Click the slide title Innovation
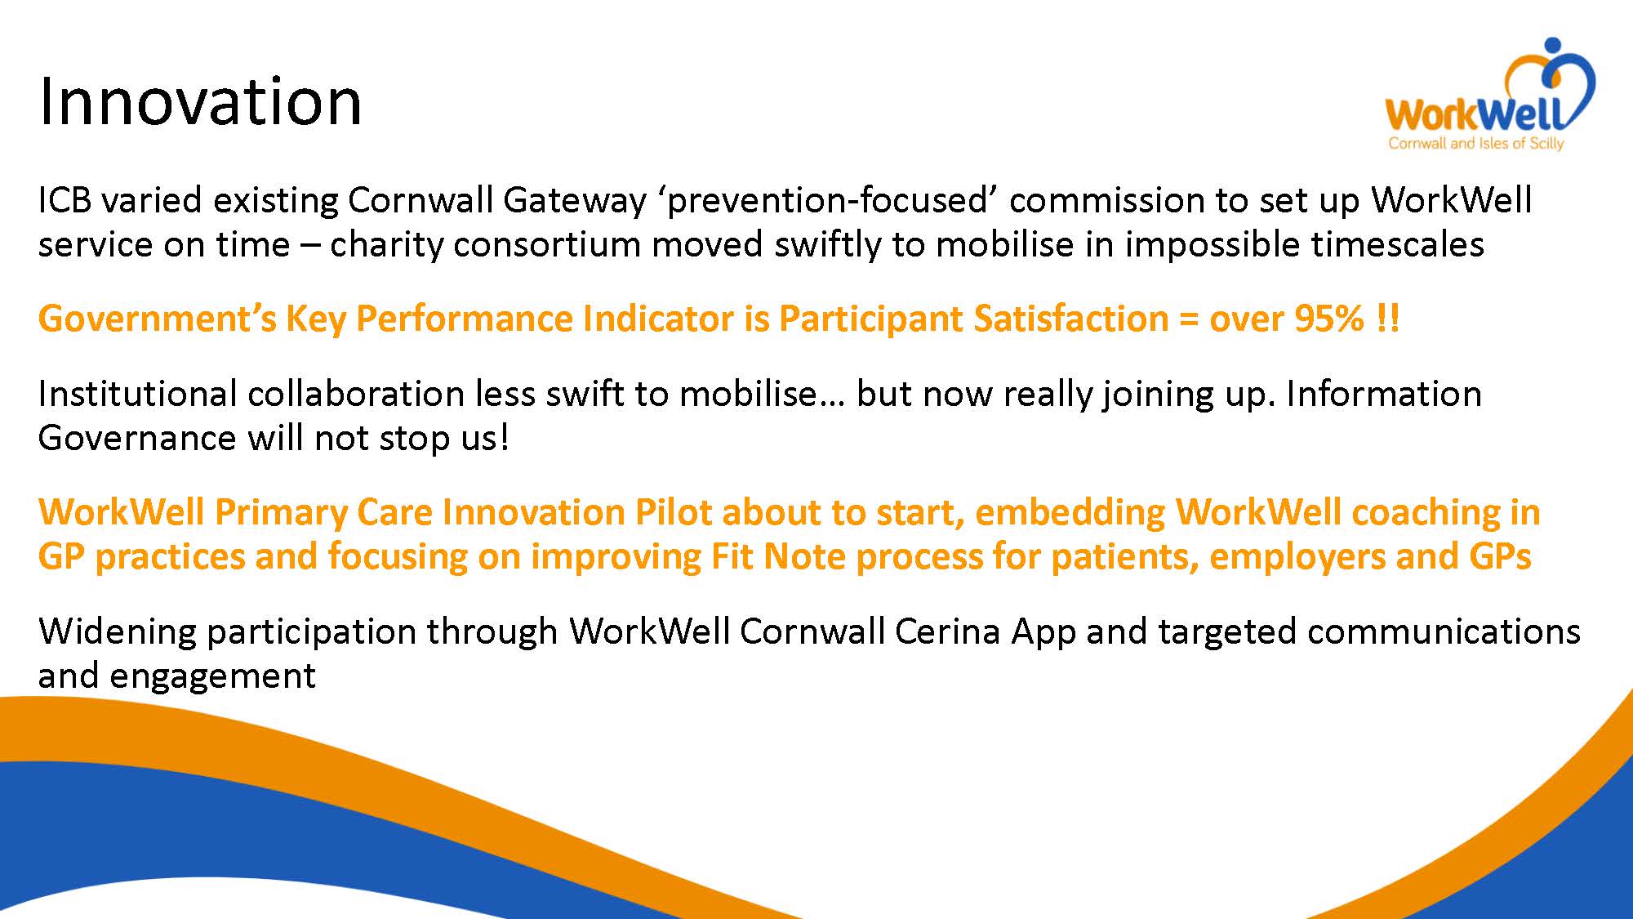pos(200,101)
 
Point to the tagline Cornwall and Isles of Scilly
pos(1476,144)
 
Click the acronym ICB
pos(65,200)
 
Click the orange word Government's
pos(158,319)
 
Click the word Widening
pos(117,632)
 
